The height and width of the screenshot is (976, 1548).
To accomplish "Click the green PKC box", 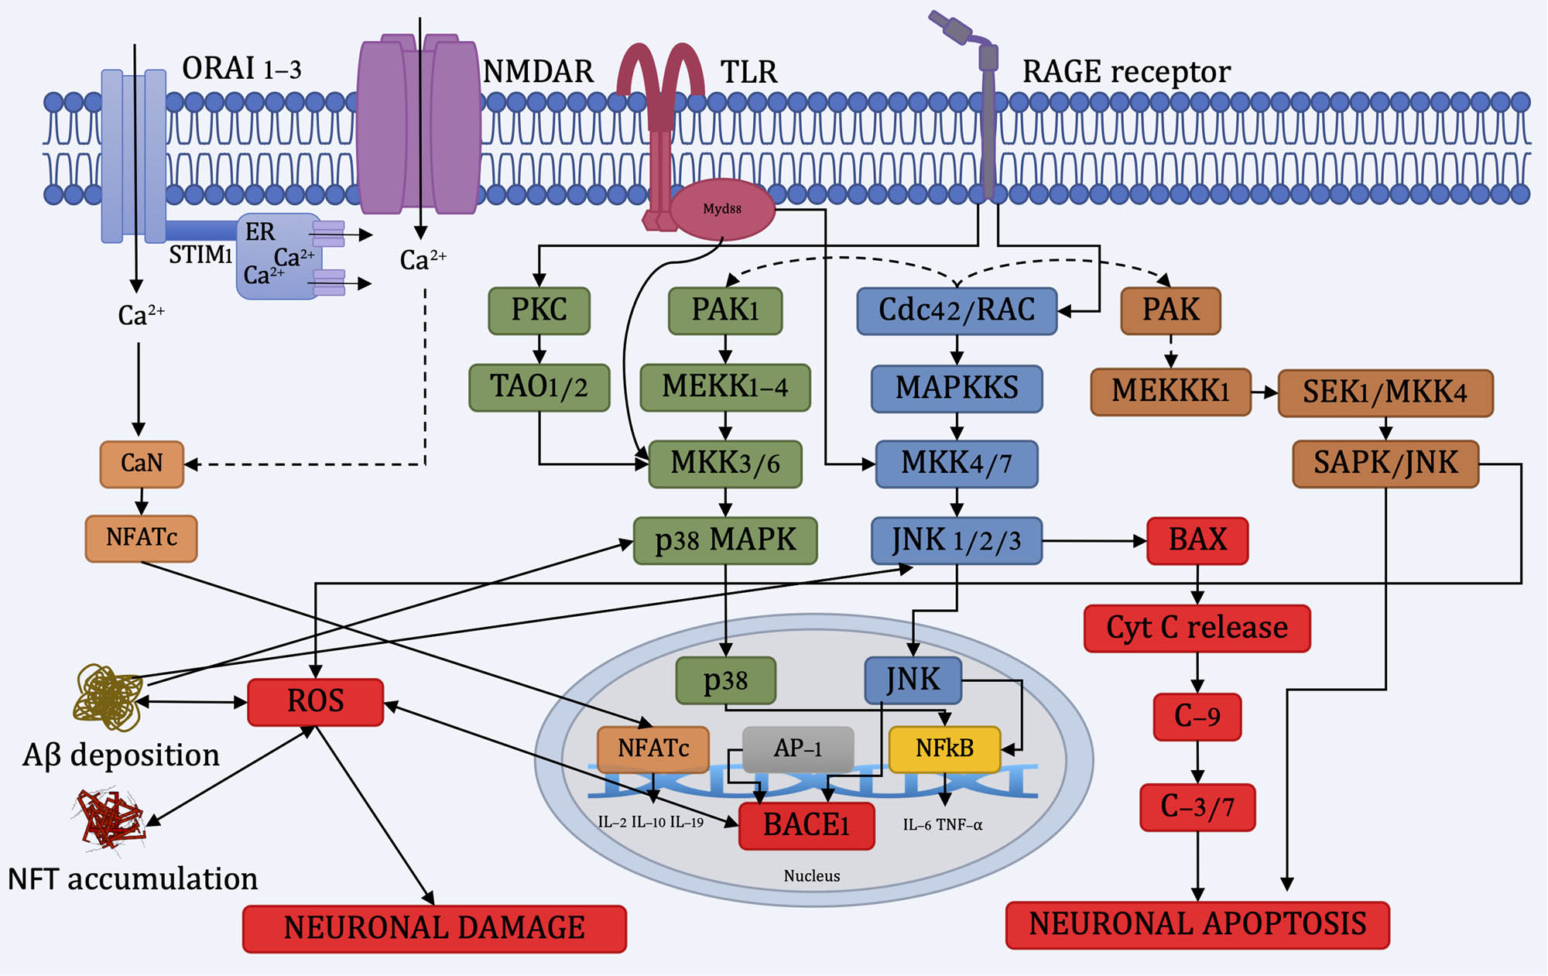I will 539,310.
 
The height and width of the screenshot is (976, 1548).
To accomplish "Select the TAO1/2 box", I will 539,387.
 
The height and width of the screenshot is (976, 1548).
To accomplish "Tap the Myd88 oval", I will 721,209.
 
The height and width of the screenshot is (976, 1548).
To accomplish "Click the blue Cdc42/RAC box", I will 957,310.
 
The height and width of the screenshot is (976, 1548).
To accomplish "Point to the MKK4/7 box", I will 957,464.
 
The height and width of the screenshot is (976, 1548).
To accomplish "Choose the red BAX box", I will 1197,540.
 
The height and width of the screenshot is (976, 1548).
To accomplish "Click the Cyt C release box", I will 1197,628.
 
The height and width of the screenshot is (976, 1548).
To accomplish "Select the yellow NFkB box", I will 944,748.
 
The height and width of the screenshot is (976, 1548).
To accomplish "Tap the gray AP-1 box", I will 798,748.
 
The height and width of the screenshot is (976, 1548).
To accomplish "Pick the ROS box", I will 315,702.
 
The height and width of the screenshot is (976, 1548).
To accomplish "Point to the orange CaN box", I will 142,464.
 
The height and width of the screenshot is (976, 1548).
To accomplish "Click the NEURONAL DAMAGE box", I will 434,928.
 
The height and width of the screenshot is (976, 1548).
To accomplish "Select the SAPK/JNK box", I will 1385,464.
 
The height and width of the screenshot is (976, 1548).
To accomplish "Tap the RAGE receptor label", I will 1126,72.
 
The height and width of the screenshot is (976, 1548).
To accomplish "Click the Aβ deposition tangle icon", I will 107,697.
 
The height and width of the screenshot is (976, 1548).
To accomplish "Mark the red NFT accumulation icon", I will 109,819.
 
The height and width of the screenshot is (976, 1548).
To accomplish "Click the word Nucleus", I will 811,876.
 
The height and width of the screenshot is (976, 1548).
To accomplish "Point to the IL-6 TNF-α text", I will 942,825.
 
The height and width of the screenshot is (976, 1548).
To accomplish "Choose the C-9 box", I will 1197,717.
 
